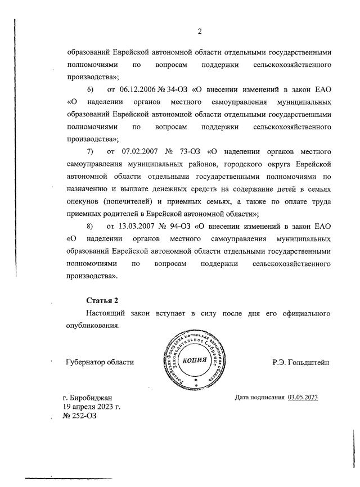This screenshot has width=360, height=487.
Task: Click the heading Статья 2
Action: pyautogui.click(x=102, y=301)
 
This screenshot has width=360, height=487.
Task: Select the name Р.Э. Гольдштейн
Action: pyautogui.click(x=300, y=363)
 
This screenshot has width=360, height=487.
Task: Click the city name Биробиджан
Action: pyautogui.click(x=93, y=398)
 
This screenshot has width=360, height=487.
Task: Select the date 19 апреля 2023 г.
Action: pyautogui.click(x=91, y=407)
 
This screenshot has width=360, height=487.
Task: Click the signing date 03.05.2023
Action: pyautogui.click(x=303, y=398)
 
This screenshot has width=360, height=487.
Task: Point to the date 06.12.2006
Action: pyautogui.click(x=138, y=89)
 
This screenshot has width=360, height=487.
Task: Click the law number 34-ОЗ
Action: pyautogui.click(x=177, y=89)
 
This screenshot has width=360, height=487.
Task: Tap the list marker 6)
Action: pyautogui.click(x=89, y=89)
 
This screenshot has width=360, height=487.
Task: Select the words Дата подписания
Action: pyautogui.click(x=260, y=398)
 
